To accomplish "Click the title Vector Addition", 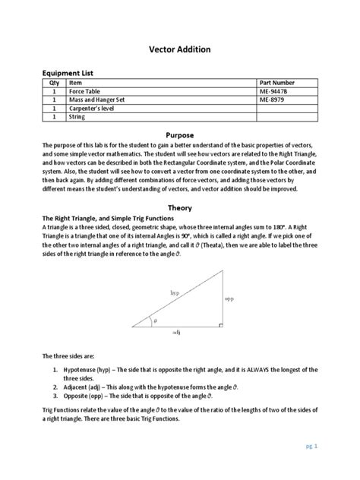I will click(179, 49).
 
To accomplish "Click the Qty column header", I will click(54, 83).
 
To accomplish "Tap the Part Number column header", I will click(282, 83).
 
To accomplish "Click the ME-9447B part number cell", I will click(276, 91).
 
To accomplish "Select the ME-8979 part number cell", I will click(274, 99).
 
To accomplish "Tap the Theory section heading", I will click(179, 207).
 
